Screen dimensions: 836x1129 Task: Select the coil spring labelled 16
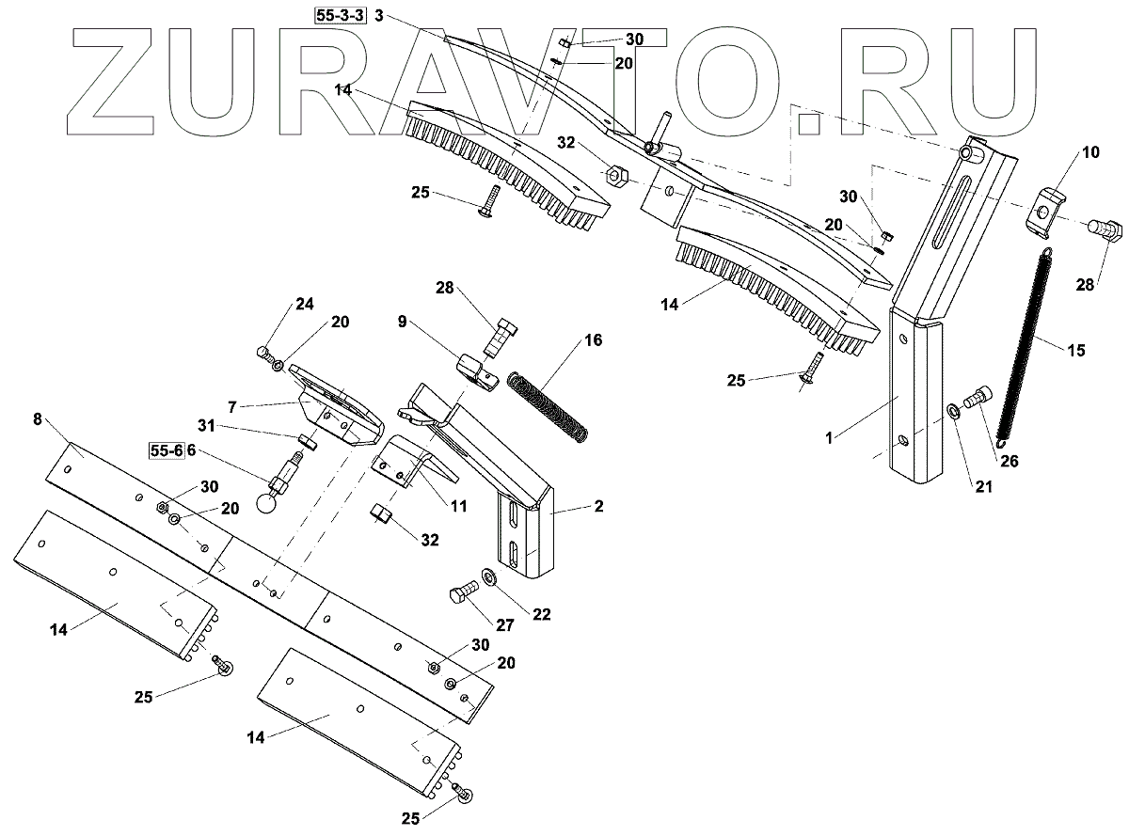coord(549,405)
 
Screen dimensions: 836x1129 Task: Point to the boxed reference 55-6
coord(167,451)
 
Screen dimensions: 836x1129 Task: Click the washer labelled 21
coord(953,410)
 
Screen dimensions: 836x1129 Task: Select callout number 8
coord(38,419)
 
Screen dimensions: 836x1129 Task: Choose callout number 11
coord(458,505)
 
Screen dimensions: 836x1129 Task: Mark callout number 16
coord(594,339)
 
